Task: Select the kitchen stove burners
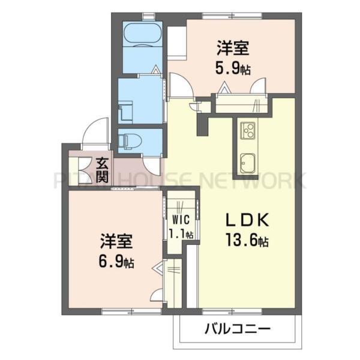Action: pyautogui.click(x=248, y=129)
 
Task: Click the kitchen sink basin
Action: pyautogui.click(x=248, y=161)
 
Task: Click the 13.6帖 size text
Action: pyautogui.click(x=247, y=241)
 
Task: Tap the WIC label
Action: pyautogui.click(x=180, y=220)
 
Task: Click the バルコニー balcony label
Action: pyautogui.click(x=237, y=329)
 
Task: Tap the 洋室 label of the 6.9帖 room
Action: pyautogui.click(x=116, y=242)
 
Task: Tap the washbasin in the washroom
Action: pyautogui.click(x=125, y=112)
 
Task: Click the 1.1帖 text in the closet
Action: pyautogui.click(x=181, y=233)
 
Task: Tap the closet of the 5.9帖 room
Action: pyautogui.click(x=240, y=103)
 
